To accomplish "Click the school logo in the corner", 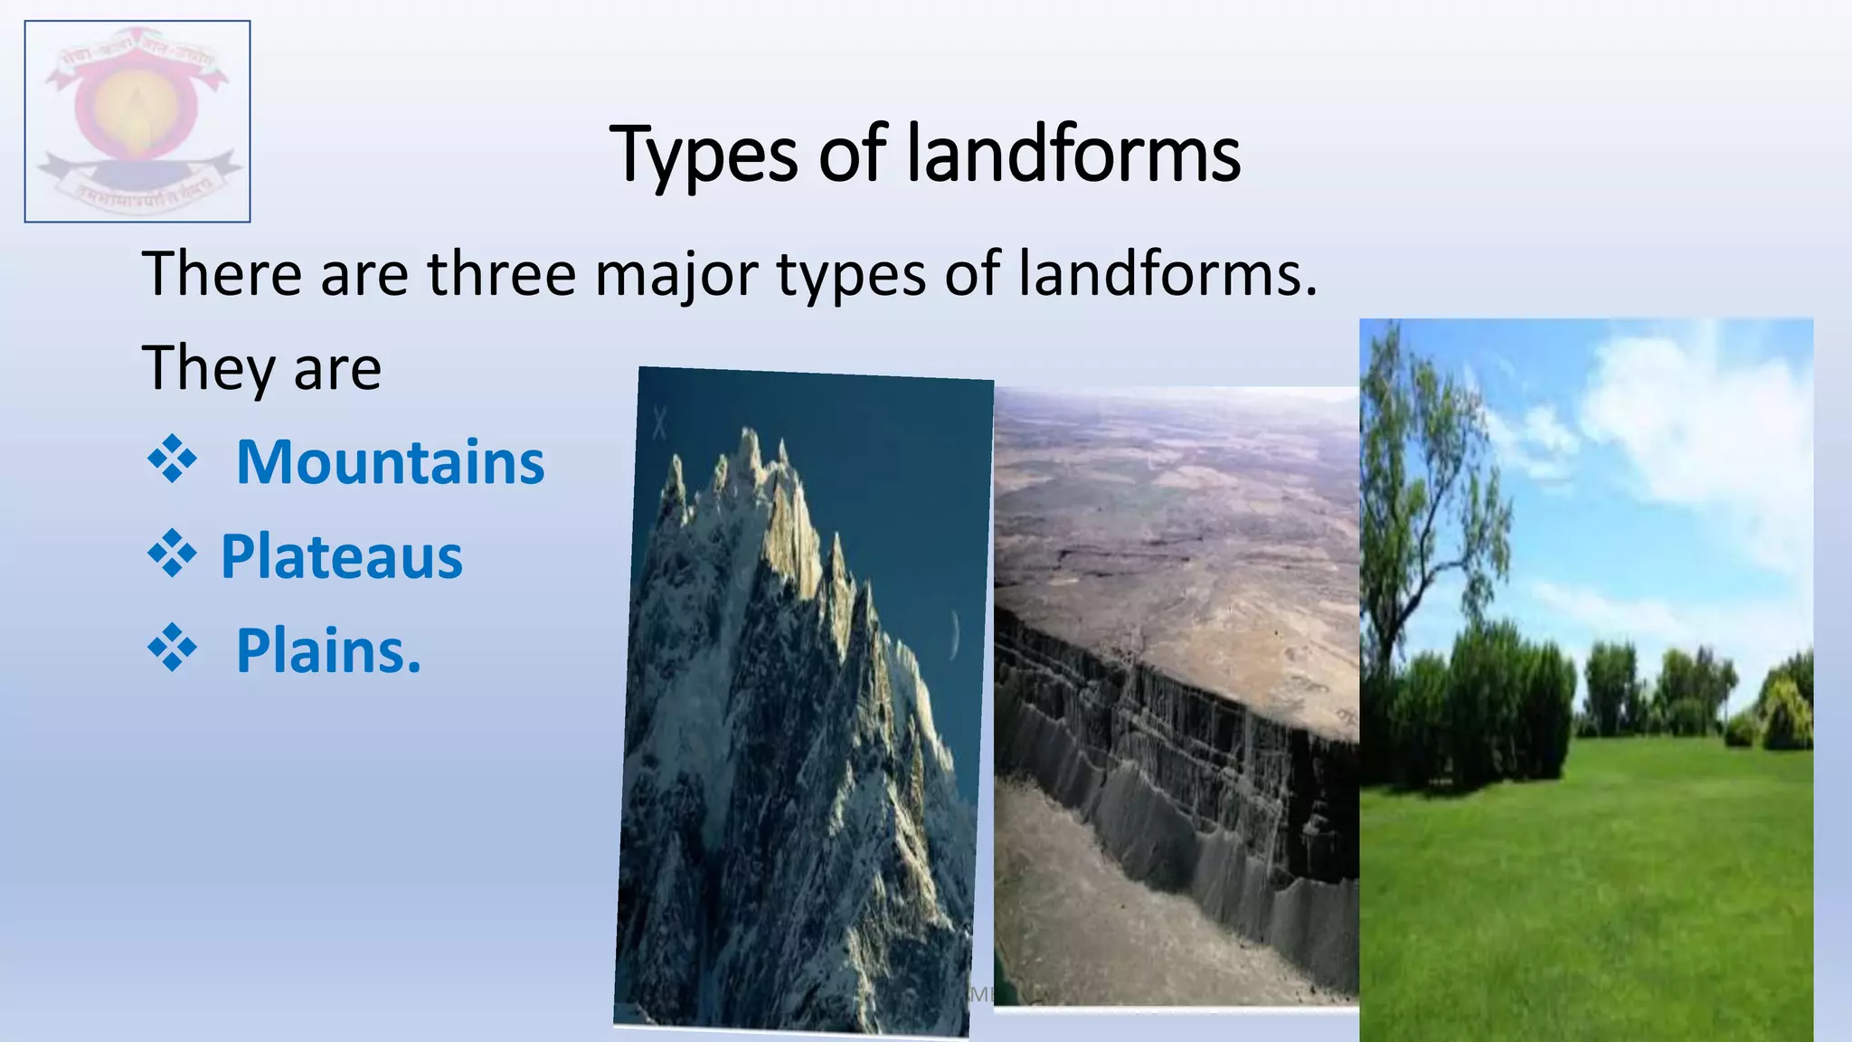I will (x=137, y=121).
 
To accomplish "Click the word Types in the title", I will (x=703, y=156).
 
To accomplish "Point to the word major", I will (x=676, y=275).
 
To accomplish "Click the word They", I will (x=208, y=368).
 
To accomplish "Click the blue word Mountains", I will (x=390, y=462).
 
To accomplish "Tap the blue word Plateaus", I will (x=342, y=556).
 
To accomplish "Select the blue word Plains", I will (x=328, y=650).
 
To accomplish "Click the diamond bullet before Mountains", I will (x=172, y=462).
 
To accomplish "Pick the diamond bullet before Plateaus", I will (x=172, y=556).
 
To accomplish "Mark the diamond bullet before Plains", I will (x=172, y=650).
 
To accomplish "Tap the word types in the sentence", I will (x=851, y=275).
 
